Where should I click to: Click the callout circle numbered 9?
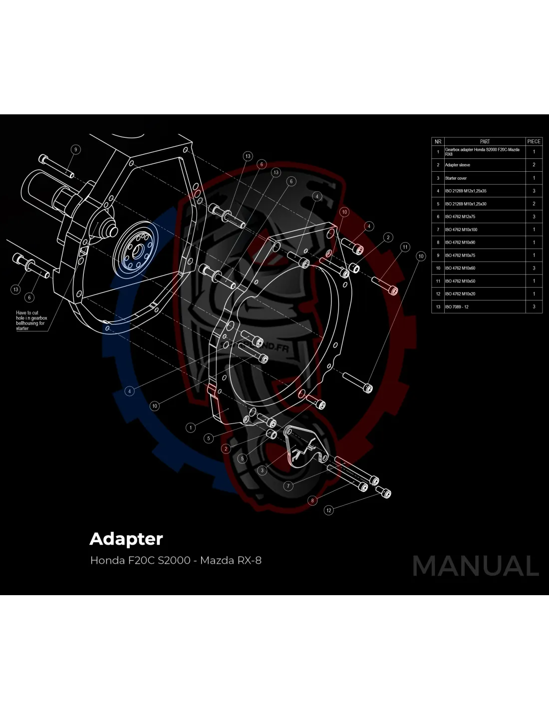tap(76, 149)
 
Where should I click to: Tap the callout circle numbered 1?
tap(191, 427)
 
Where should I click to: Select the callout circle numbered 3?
tap(263, 470)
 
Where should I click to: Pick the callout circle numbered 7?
tap(288, 486)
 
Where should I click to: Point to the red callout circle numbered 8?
tap(312, 500)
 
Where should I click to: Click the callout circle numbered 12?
tap(328, 510)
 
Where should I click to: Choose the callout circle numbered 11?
tap(405, 247)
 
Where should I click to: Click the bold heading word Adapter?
tap(126, 539)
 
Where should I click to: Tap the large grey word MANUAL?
tap(476, 566)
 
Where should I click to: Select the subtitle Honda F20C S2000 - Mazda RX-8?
tap(176, 560)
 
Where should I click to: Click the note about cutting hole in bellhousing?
tap(31, 321)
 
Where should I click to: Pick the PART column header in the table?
tap(485, 141)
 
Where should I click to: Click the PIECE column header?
tap(534, 141)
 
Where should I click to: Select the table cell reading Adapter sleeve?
tap(457, 165)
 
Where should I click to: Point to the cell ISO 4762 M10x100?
tap(461, 230)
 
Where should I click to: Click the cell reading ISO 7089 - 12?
tap(457, 307)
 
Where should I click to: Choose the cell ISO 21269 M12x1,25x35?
tap(465, 191)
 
